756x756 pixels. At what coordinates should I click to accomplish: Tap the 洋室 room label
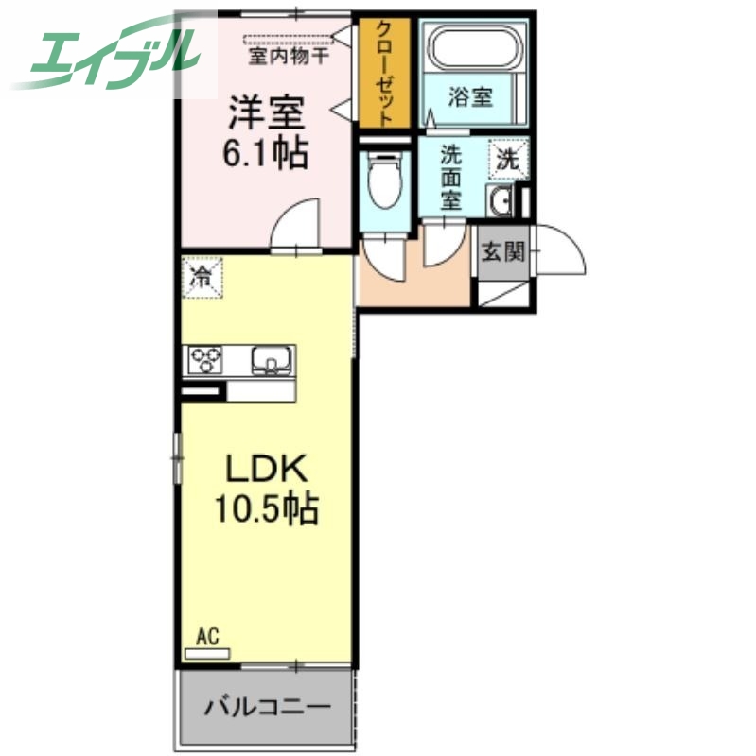265,113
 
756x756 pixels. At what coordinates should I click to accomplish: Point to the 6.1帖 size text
265,152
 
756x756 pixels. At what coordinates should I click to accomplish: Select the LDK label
265,469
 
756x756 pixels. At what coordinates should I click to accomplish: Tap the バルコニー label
267,707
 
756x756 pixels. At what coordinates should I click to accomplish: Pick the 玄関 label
502,251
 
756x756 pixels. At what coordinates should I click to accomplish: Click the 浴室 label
470,96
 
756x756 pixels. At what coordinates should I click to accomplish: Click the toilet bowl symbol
385,183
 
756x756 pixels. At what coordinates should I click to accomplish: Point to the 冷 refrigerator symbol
202,278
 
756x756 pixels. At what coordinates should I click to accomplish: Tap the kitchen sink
273,360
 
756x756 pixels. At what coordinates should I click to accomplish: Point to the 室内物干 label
290,56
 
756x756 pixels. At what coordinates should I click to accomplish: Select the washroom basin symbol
501,200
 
